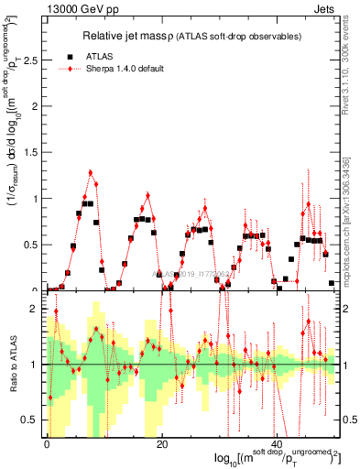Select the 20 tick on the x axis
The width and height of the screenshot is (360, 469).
pos(161,444)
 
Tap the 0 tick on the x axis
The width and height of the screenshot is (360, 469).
pos(47,444)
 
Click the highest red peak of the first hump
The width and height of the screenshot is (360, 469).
pos(91,172)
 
